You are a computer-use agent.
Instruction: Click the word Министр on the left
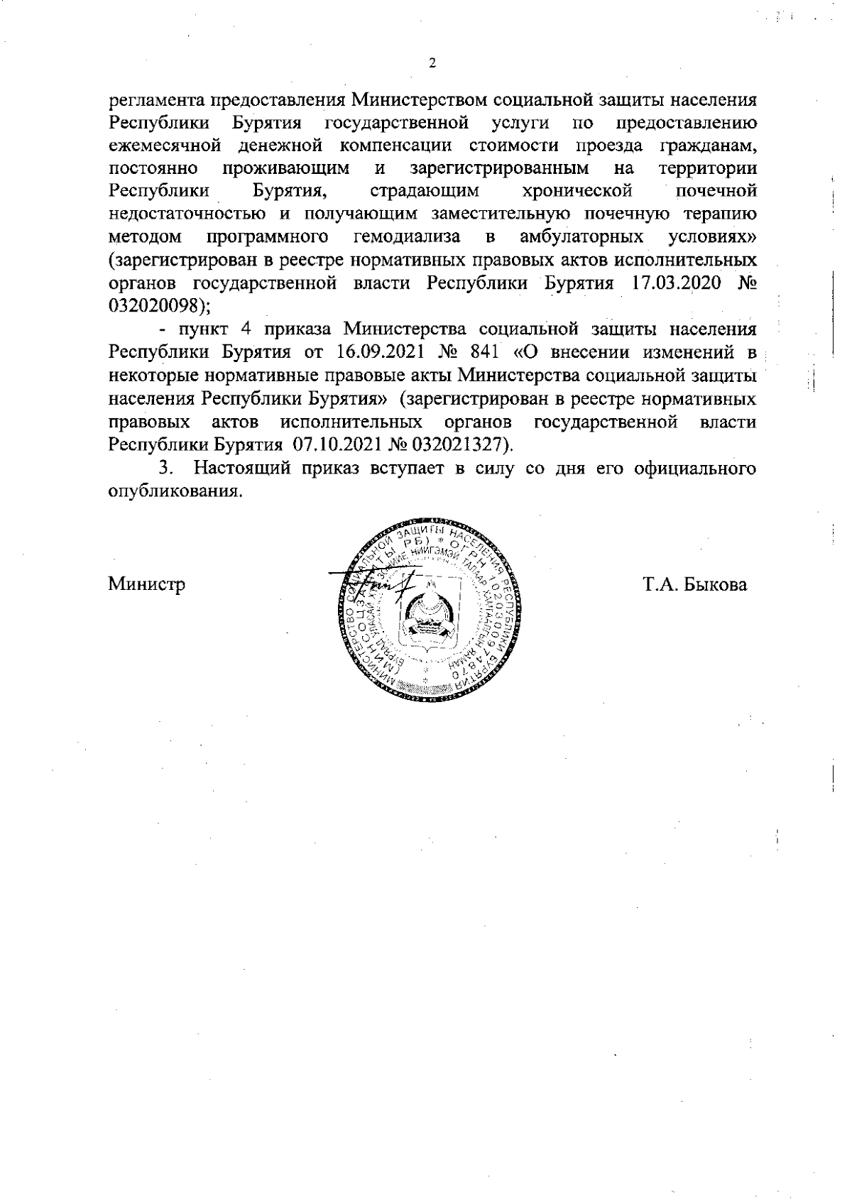(x=147, y=586)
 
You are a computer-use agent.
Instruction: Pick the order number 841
(x=496, y=353)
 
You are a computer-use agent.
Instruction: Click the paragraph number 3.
(x=165, y=469)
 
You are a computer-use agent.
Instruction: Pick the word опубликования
(x=170, y=491)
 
